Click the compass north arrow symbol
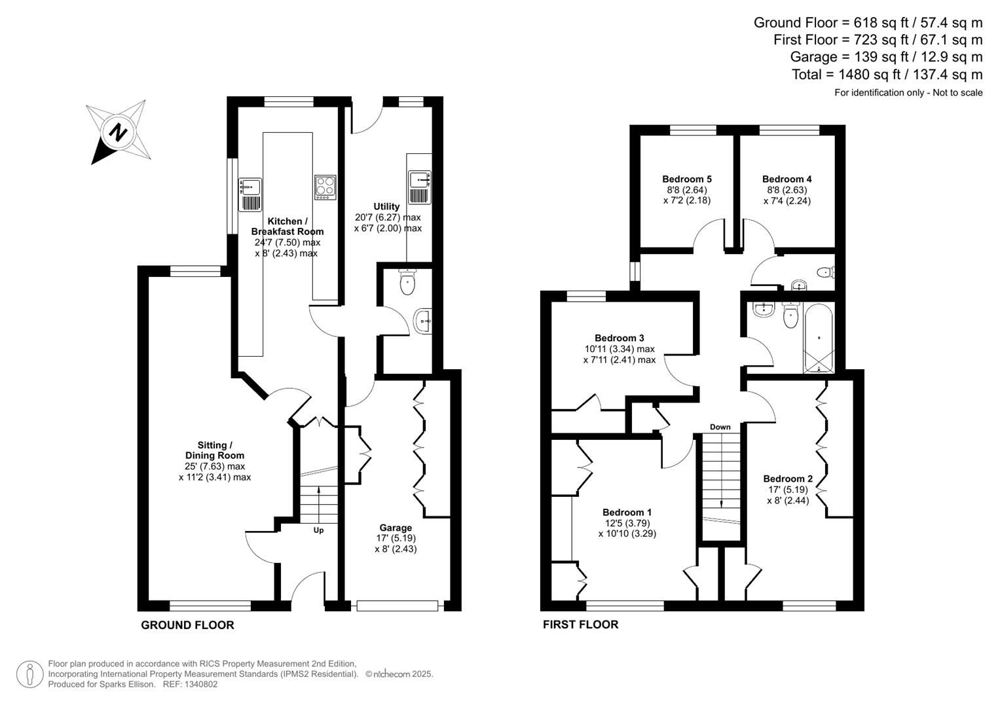(x=118, y=132)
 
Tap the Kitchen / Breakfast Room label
(x=287, y=227)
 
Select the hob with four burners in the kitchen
(x=325, y=187)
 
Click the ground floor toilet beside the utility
(x=407, y=283)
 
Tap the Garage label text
(x=396, y=528)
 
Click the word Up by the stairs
(x=318, y=530)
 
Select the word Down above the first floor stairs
(x=720, y=427)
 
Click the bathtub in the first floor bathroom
(x=819, y=338)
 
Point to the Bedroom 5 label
(x=686, y=179)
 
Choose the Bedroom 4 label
(x=787, y=179)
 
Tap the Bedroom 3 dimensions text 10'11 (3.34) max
(x=619, y=349)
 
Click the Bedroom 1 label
(x=627, y=512)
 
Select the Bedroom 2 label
(x=787, y=479)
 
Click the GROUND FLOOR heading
(x=187, y=625)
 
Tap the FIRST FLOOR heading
(x=580, y=625)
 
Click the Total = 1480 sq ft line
(x=887, y=75)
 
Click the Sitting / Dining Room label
(x=215, y=450)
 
